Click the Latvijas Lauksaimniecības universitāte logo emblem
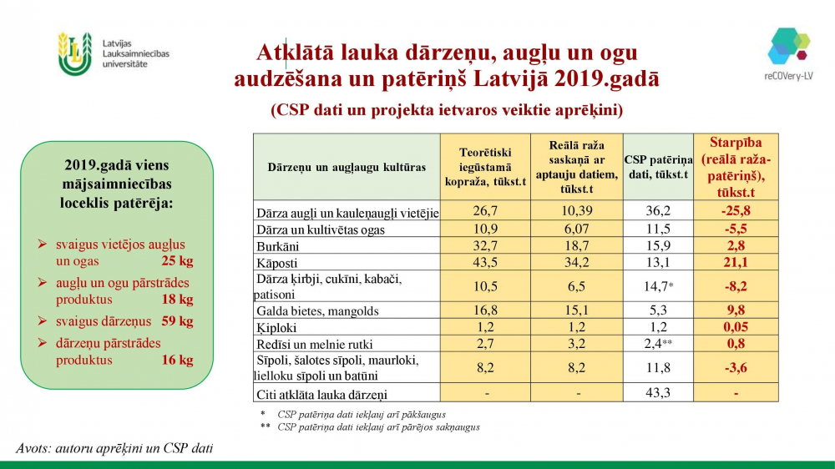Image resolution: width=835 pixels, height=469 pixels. click(74, 53)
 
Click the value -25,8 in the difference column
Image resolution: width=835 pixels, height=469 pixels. click(735, 212)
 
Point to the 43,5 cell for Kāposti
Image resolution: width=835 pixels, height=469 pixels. click(485, 262)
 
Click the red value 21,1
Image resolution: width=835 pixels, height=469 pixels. click(735, 262)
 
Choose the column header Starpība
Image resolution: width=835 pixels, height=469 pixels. click(735, 143)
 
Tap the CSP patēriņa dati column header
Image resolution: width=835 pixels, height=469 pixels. click(658, 167)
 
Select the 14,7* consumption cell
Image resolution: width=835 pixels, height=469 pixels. click(658, 286)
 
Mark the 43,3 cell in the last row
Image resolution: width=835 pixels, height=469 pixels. click(658, 393)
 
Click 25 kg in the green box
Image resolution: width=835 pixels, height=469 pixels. click(177, 261)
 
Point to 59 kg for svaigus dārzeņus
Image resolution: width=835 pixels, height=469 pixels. click(177, 321)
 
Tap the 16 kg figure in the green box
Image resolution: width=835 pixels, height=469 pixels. click(177, 361)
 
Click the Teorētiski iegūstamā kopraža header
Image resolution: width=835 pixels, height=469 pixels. click(485, 167)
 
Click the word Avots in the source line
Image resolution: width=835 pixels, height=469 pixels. click(33, 448)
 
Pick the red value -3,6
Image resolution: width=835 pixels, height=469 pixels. click(735, 368)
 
